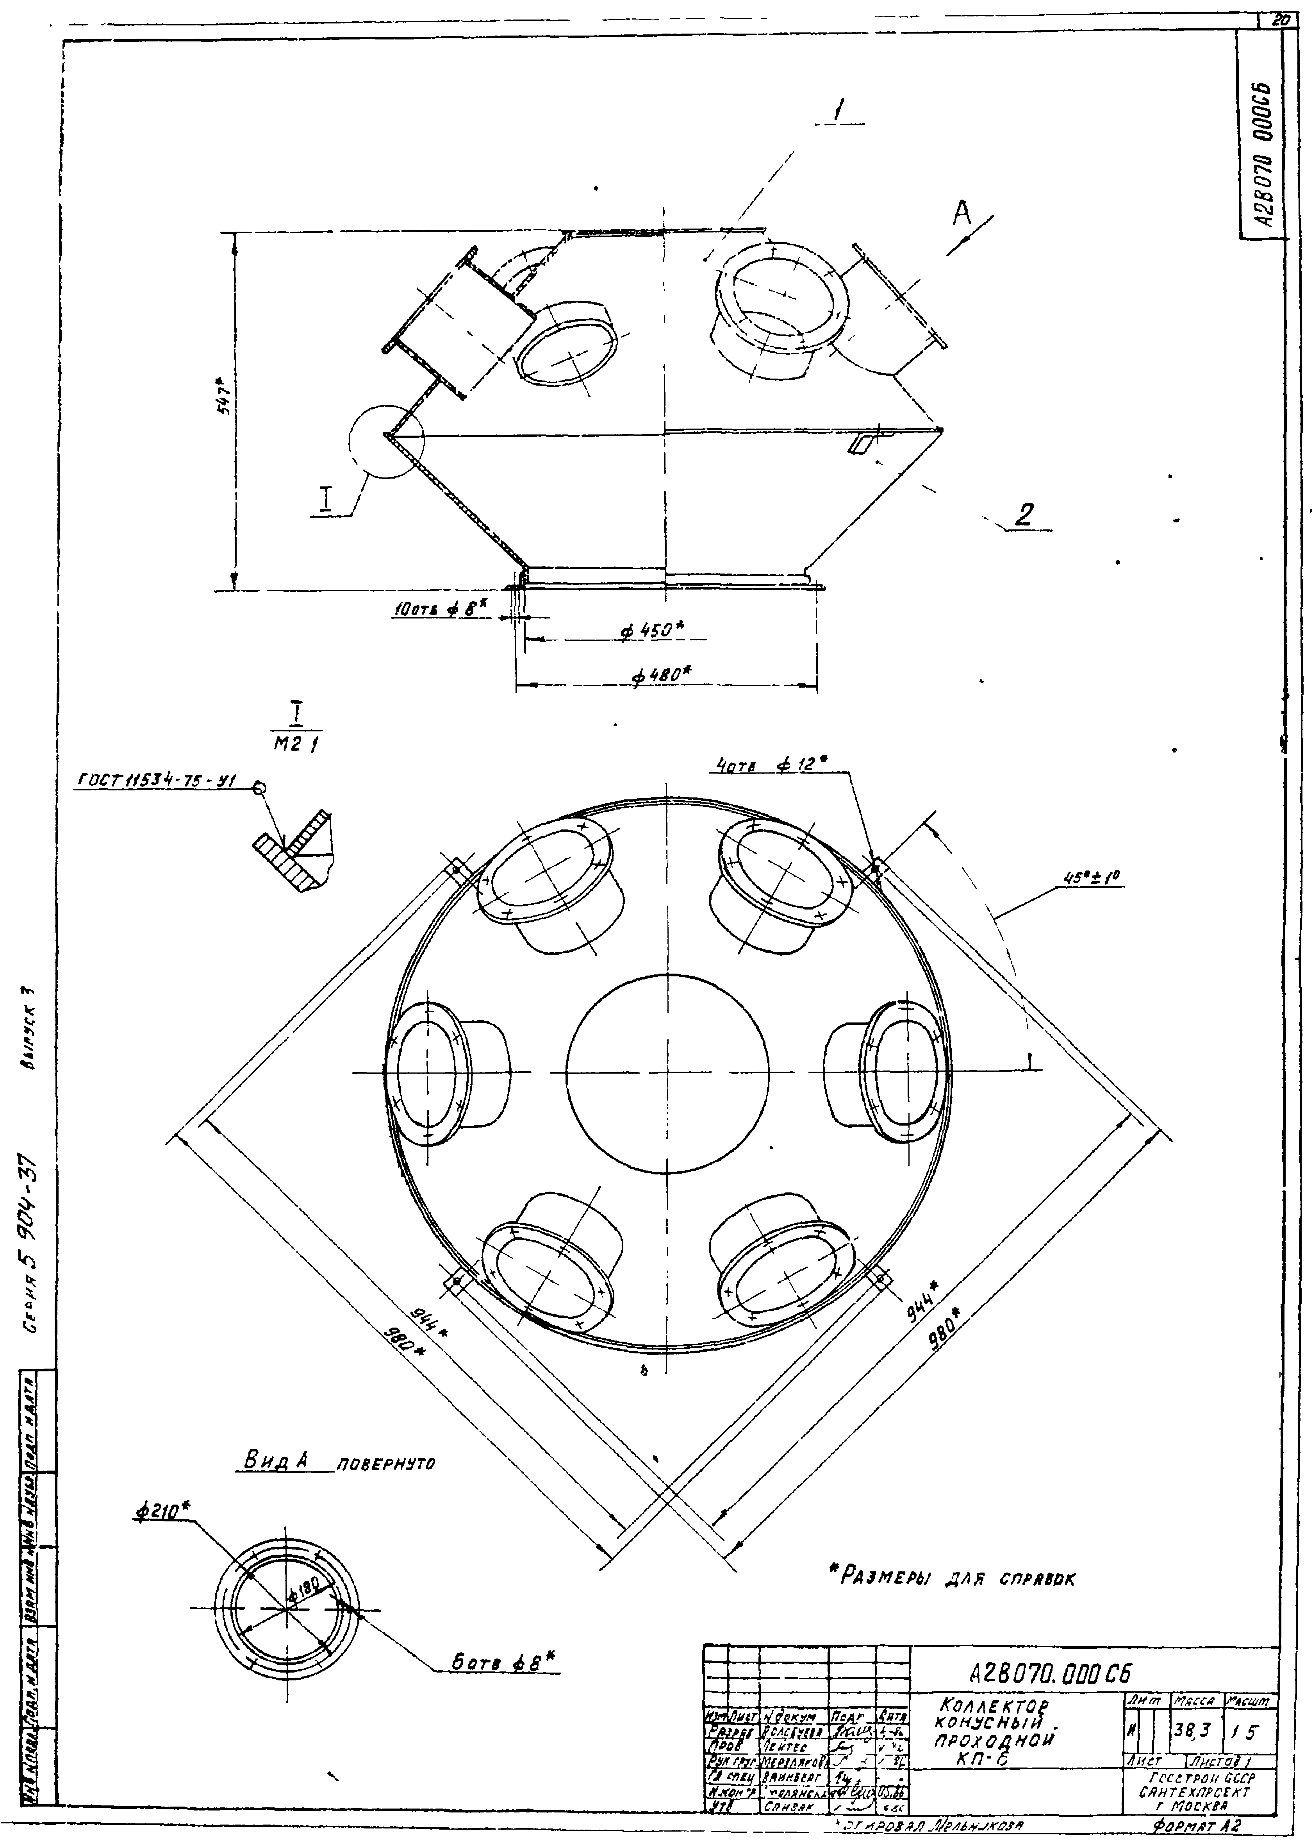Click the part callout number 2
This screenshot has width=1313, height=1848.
(x=1024, y=515)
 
